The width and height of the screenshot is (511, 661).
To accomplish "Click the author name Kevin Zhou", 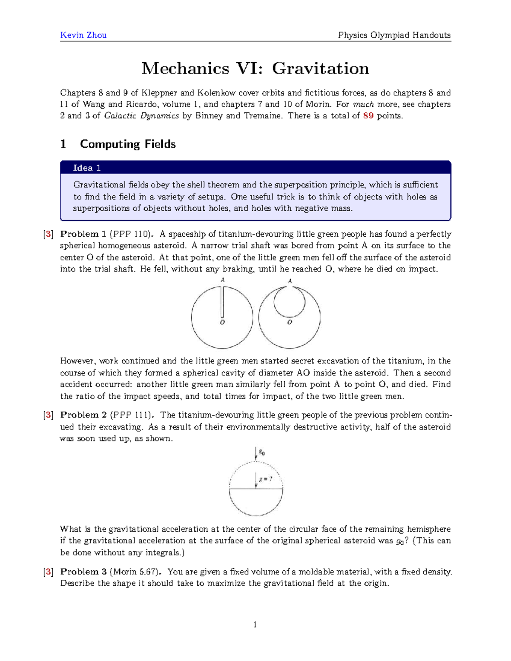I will (83, 35).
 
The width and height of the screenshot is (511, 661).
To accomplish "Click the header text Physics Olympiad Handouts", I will (394, 35).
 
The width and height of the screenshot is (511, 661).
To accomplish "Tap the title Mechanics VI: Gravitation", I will (255, 68).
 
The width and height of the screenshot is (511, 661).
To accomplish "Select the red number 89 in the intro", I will (368, 116).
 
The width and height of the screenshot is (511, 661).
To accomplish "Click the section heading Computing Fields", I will (128, 144).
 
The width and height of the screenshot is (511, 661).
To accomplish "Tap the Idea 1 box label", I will (86, 168).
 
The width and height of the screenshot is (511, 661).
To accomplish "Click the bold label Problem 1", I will (83, 234).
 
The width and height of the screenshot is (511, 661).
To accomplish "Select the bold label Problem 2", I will (83, 415).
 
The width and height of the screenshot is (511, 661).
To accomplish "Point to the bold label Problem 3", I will (83, 572).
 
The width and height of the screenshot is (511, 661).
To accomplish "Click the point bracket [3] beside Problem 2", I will (48, 415).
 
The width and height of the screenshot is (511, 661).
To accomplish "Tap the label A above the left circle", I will (222, 280).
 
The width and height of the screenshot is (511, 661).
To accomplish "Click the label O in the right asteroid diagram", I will (290, 323).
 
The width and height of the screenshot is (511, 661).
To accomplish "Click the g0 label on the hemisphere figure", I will (261, 453).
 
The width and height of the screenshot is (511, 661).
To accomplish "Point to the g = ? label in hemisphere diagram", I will (265, 479).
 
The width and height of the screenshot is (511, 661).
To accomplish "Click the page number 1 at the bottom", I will (255, 625).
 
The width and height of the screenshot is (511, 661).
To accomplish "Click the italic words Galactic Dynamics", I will (142, 116).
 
